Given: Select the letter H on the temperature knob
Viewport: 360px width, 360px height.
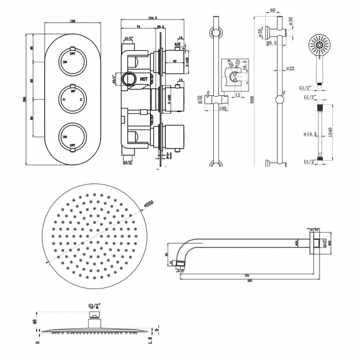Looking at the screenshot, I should click(x=64, y=100).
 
